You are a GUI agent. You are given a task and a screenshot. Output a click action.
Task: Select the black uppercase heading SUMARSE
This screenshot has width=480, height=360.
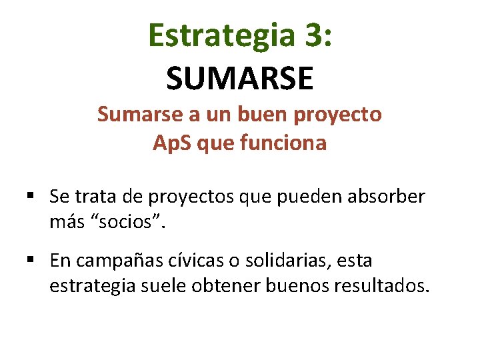click(x=240, y=78)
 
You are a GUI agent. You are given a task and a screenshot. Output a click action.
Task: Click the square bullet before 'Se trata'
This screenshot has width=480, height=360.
click(x=31, y=197)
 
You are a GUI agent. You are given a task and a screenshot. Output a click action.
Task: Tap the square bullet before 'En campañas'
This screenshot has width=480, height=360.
click(x=31, y=260)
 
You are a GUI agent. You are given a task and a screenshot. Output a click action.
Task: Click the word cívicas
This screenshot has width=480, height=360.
click(x=192, y=260)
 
